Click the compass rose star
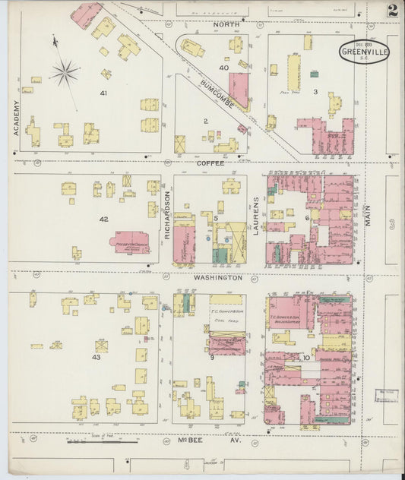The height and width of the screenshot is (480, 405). click(65, 73)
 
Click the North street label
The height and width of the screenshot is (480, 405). click(226, 25)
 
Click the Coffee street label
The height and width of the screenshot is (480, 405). click(208, 162)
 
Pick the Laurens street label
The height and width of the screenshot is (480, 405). click(256, 215)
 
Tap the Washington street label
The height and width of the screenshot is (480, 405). click(217, 278)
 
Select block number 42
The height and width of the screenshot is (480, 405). click(104, 219)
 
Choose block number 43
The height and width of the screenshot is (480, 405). click(97, 357)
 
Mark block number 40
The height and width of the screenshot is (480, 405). click(223, 68)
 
